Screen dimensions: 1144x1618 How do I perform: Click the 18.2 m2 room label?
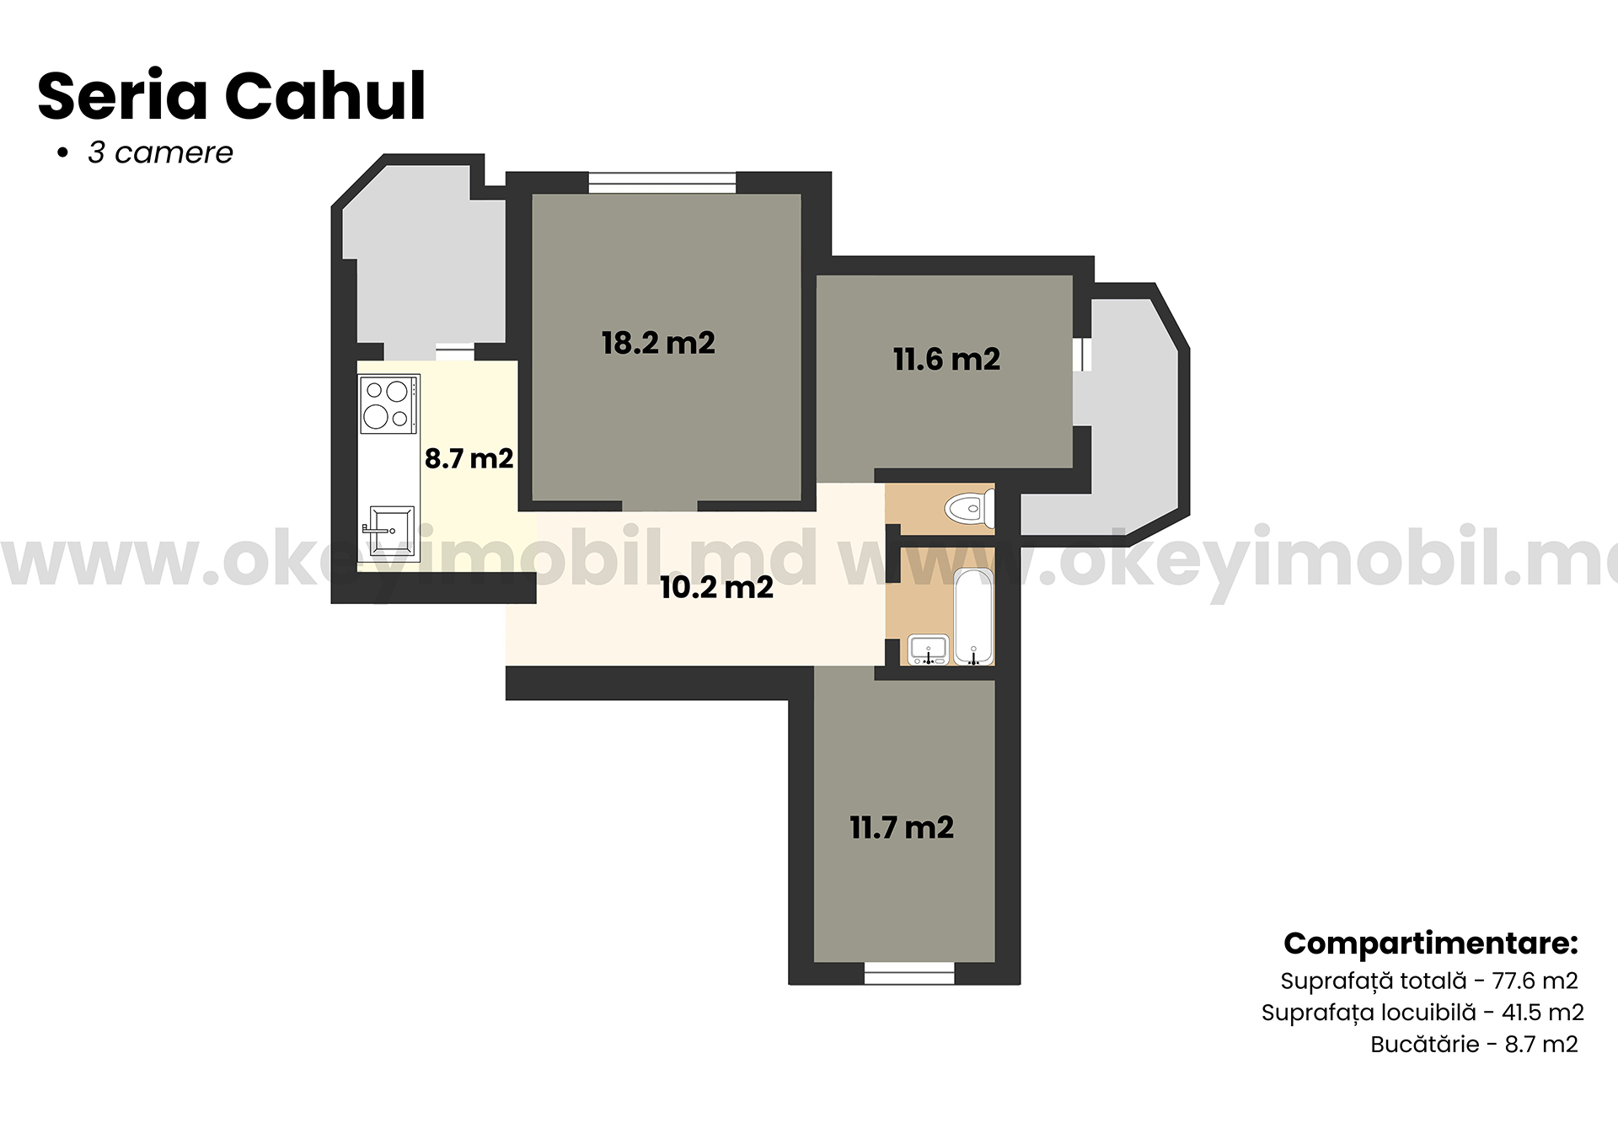[x=658, y=343]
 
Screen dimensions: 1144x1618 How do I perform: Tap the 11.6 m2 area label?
[x=946, y=360]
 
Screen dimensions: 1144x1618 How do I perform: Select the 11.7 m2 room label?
[x=902, y=827]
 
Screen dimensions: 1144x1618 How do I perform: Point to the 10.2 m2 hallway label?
[x=716, y=587]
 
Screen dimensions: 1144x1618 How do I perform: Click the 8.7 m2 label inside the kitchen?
[x=469, y=458]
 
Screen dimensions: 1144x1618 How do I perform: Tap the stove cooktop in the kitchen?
[x=388, y=404]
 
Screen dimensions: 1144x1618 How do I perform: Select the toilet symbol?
[x=968, y=509]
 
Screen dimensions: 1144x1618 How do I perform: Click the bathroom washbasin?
[x=928, y=650]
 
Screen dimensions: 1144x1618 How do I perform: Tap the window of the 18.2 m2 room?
[x=662, y=182]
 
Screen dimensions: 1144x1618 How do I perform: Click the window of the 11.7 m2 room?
[x=909, y=974]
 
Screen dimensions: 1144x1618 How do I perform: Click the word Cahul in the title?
[x=325, y=96]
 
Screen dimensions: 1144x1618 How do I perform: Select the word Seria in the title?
[x=122, y=96]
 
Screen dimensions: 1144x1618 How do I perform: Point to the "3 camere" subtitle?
[x=160, y=152]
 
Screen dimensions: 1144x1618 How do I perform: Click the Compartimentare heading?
[x=1430, y=944]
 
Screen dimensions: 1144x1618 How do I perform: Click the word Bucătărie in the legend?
[x=1424, y=1044]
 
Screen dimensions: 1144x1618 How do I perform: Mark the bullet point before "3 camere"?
[x=62, y=153]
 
